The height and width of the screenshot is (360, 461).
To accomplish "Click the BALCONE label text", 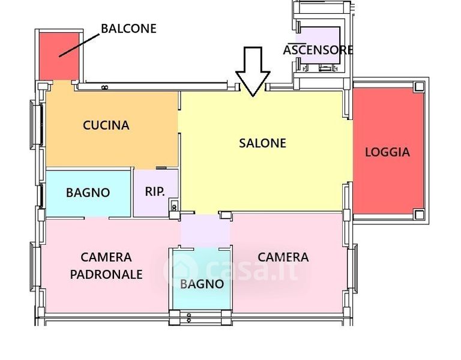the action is coord(128,29).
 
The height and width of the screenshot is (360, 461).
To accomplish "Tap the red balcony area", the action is coord(59,56).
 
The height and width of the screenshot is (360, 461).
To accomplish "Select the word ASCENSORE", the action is coord(318,50).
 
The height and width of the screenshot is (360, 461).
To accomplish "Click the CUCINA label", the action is coord(106,125).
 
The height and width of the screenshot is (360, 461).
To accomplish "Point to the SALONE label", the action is coord(262,143).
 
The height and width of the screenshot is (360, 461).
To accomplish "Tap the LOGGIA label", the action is coord(388,152).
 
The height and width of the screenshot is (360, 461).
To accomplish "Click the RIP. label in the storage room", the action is coord(155,191).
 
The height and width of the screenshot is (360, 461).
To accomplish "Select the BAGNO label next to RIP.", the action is coord(88,193).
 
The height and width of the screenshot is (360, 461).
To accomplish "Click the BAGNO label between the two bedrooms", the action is coord(202,284).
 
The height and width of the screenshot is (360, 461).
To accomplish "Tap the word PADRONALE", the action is coord(106,274).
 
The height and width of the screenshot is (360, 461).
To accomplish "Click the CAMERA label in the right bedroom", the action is coord(283,257).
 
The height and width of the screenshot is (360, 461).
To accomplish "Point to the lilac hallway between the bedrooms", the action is coord(205,231).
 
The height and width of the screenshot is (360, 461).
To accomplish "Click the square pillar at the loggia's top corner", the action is coord(419,86).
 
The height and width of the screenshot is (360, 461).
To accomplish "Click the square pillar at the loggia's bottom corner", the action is coord(419,215).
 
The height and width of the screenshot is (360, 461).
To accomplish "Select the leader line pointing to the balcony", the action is coord(79,45).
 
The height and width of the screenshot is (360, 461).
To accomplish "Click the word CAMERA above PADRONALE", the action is coord(106,257).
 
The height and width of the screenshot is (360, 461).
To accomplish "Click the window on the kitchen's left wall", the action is coord(36,125).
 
